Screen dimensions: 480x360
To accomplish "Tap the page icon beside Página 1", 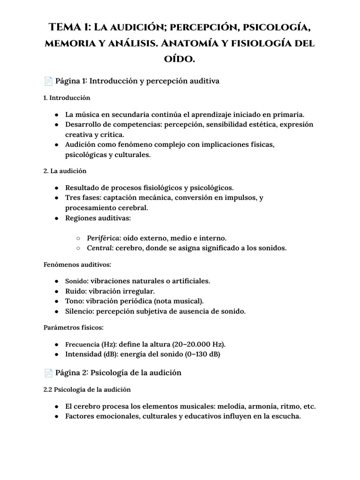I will [x=48, y=81].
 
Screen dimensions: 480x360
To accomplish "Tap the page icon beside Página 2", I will [x=48, y=373].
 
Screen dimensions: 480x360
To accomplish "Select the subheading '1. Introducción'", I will [x=67, y=98].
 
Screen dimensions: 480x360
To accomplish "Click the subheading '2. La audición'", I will [x=65, y=171].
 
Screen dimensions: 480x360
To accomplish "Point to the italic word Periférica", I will [x=103, y=238].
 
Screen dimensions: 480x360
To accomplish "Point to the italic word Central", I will [x=99, y=248].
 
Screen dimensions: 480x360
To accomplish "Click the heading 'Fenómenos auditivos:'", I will [x=77, y=265].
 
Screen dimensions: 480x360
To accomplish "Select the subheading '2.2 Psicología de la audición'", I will [x=87, y=390].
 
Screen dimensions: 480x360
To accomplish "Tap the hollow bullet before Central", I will [x=78, y=248].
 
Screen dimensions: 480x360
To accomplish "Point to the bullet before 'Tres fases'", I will [x=56, y=198].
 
